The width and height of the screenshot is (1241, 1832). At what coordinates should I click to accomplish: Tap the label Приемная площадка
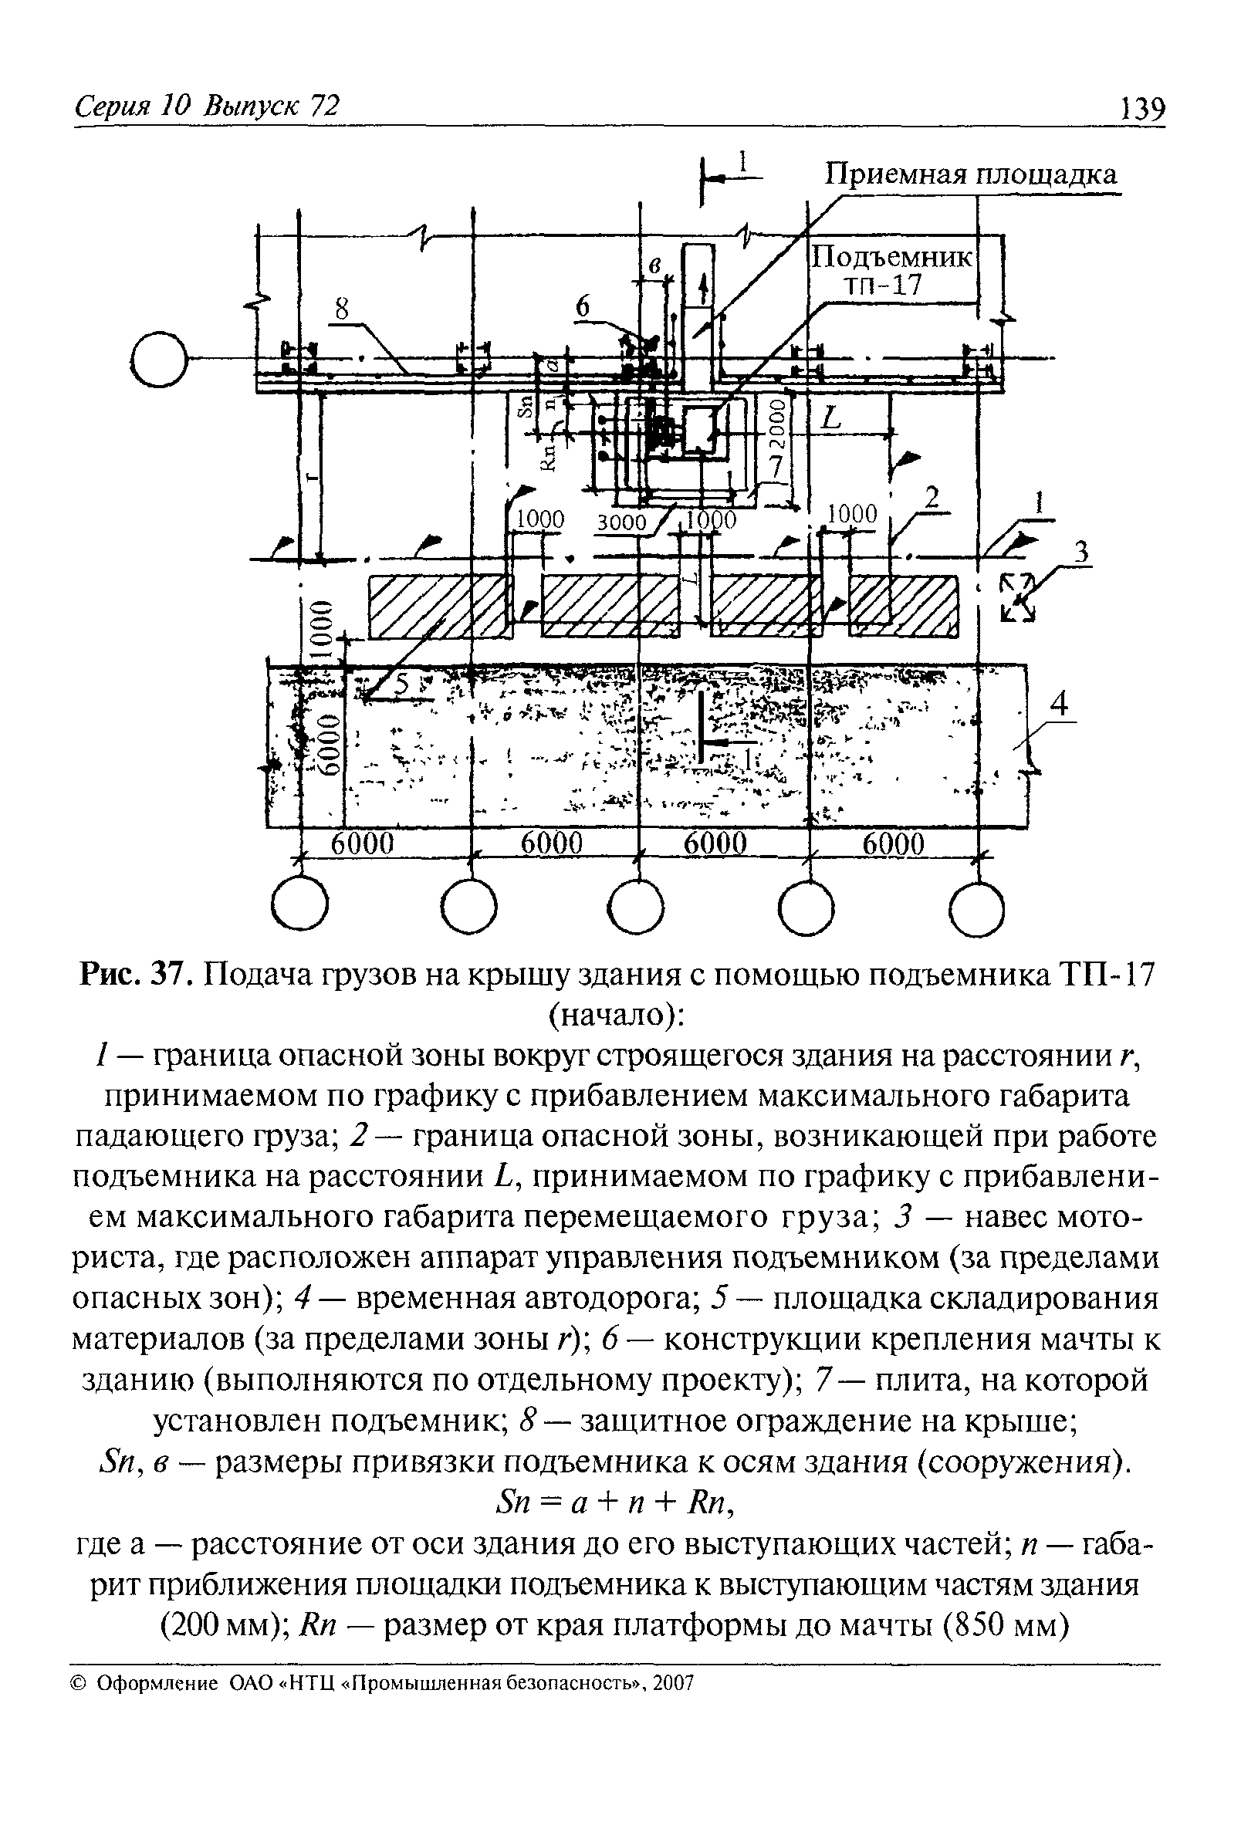point(971,174)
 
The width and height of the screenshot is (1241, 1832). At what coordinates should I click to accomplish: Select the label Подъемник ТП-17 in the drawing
point(892,271)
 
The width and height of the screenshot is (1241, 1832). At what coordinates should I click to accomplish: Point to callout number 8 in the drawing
point(340,310)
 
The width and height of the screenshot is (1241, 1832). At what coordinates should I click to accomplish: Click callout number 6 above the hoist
point(582,307)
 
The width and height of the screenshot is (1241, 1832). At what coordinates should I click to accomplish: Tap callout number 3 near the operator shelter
point(1082,553)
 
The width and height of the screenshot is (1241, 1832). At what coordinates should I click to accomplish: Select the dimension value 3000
point(620,522)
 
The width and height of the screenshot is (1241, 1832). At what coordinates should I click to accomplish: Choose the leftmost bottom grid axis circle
point(299,907)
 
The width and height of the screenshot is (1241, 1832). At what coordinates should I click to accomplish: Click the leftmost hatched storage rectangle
point(437,606)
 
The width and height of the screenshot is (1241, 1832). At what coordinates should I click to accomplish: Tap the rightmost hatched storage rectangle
point(902,606)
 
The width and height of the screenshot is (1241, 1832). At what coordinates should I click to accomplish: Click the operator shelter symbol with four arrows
point(1018,597)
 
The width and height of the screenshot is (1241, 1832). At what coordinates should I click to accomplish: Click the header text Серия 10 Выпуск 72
point(207,106)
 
